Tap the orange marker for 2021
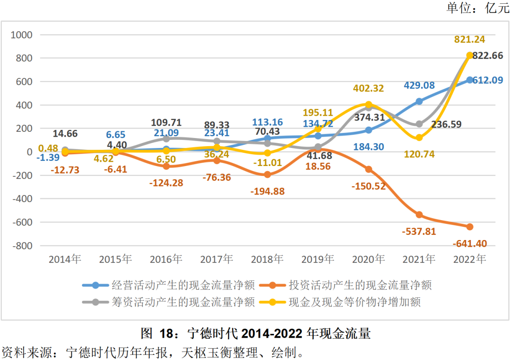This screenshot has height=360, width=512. point(419,215)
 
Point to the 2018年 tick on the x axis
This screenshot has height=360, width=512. point(267,259)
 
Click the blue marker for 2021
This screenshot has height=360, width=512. point(419,102)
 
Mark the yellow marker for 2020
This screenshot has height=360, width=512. point(368,105)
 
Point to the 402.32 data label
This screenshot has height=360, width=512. point(368,88)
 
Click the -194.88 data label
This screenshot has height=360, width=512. point(267,191)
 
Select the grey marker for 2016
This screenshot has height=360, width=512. point(166,139)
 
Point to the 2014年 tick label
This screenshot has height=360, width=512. point(65,259)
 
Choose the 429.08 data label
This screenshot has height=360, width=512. point(420,85)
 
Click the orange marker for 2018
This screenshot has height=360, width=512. point(267,175)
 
